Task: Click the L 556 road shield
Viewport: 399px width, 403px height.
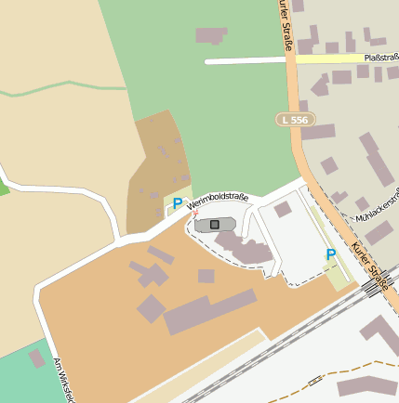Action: pos(296,120)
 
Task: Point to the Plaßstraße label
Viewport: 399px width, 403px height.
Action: pos(379,58)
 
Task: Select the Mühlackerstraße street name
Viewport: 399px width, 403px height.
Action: pos(377,206)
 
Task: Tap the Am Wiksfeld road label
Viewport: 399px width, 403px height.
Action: pos(62,379)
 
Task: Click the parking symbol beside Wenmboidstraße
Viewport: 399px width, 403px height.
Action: pos(178,203)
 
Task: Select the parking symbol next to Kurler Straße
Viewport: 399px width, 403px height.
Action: pos(330,254)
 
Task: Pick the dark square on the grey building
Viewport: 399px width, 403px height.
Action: pos(215,225)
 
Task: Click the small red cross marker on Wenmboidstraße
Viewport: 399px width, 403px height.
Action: pos(195,214)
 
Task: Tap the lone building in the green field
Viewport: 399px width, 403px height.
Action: pos(211,35)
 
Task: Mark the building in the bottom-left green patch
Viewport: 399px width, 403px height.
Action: pos(37,357)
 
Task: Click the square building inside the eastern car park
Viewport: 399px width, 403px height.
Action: pos(283,210)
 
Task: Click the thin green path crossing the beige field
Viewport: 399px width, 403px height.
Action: pos(65,90)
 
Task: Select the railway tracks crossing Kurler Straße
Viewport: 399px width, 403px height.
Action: pos(372,288)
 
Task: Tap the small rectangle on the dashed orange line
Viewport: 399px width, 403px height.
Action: pos(314,381)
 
